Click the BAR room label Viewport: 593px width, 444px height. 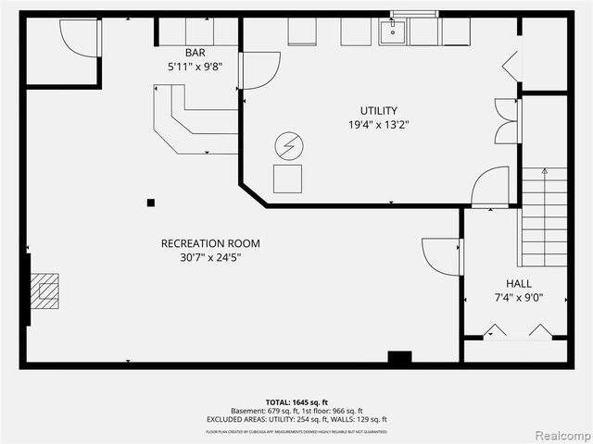point(196,53)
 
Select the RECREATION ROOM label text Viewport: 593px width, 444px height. point(210,243)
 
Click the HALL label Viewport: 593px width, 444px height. point(519,284)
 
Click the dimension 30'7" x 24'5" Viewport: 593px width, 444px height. point(210,257)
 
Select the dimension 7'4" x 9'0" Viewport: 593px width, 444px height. point(519,298)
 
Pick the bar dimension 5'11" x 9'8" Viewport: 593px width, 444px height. point(196,68)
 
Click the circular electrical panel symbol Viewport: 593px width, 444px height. point(287,146)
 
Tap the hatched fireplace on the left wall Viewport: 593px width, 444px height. point(45,290)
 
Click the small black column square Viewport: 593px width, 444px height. point(151,203)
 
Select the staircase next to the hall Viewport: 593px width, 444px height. point(544,217)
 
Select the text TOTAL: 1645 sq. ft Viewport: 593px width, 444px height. point(296,401)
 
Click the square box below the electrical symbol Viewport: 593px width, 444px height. point(287,178)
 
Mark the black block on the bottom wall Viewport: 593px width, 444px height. point(399,358)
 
